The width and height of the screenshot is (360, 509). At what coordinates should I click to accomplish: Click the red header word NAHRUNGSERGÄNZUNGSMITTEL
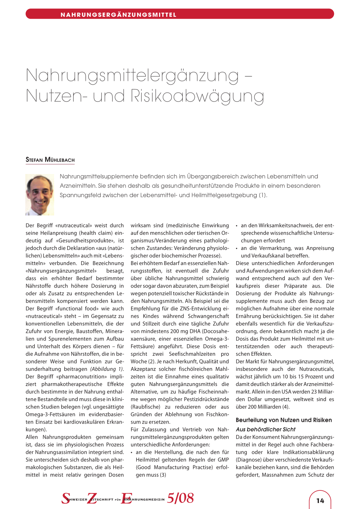tap(118, 15)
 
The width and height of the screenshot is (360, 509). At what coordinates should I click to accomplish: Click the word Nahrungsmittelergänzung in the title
tap(132, 76)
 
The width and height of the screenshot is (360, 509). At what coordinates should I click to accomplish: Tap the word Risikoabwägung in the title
tap(197, 96)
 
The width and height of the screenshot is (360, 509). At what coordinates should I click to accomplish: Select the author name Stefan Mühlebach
tap(50, 160)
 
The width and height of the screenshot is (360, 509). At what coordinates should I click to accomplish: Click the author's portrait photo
tap(39, 194)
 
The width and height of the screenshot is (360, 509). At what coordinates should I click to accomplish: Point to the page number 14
tap(320, 501)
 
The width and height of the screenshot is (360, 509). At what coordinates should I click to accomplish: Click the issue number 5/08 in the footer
tap(180, 498)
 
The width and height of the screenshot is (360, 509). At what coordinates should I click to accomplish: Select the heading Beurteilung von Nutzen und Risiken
tap(284, 420)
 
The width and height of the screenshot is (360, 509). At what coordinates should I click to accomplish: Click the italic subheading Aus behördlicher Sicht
tap(265, 429)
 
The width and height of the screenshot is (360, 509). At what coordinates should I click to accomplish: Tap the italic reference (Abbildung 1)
tap(107, 369)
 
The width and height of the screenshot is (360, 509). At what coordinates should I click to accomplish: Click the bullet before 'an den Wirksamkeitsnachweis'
tap(237, 226)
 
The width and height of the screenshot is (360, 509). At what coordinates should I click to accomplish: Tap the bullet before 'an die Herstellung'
tap(132, 452)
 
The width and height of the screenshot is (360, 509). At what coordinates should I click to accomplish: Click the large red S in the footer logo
tap(66, 498)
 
